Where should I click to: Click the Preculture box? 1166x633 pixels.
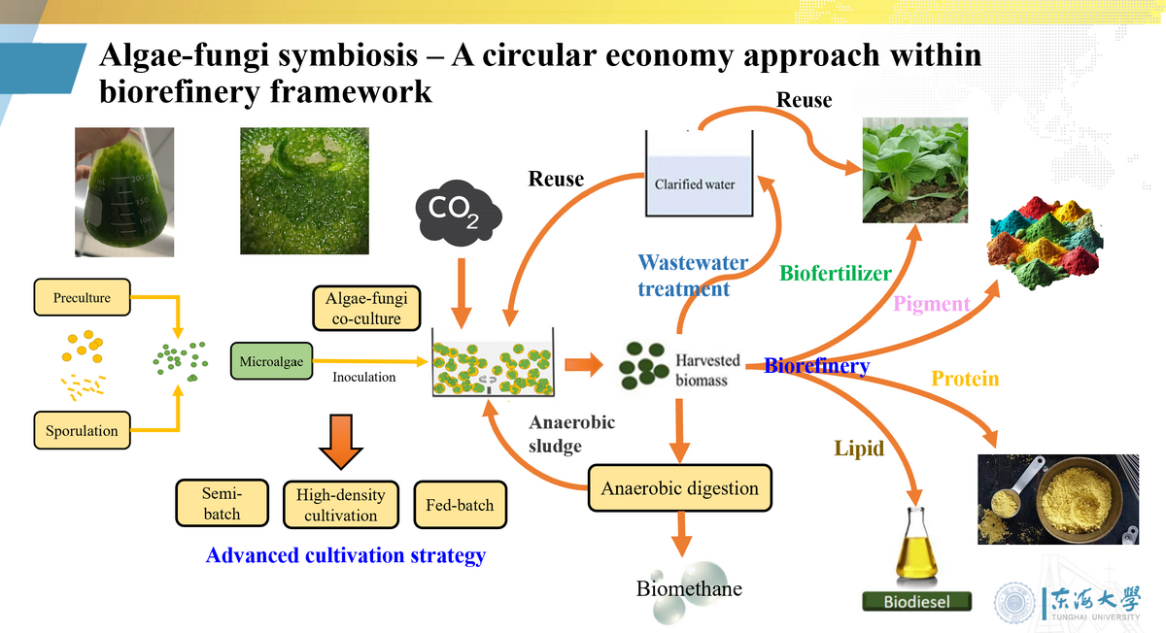point(82,297)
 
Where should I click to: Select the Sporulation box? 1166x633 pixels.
point(82,430)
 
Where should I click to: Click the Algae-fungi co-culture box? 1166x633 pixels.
point(366,307)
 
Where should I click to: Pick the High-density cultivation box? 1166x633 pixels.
point(340,505)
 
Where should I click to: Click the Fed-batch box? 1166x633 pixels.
point(460,504)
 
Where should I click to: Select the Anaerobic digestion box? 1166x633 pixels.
point(680,487)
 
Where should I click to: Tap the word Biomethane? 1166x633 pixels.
point(689,588)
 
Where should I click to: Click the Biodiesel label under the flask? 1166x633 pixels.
point(917,602)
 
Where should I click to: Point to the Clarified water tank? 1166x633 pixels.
point(700,175)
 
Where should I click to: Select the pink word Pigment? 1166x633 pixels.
point(932,304)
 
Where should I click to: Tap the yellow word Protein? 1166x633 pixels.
point(965,379)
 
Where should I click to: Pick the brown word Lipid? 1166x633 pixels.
point(859,449)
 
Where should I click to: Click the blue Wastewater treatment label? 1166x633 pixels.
point(693,276)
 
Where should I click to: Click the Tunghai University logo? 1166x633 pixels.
point(1067,602)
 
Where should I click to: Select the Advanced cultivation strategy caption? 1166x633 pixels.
point(345,556)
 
